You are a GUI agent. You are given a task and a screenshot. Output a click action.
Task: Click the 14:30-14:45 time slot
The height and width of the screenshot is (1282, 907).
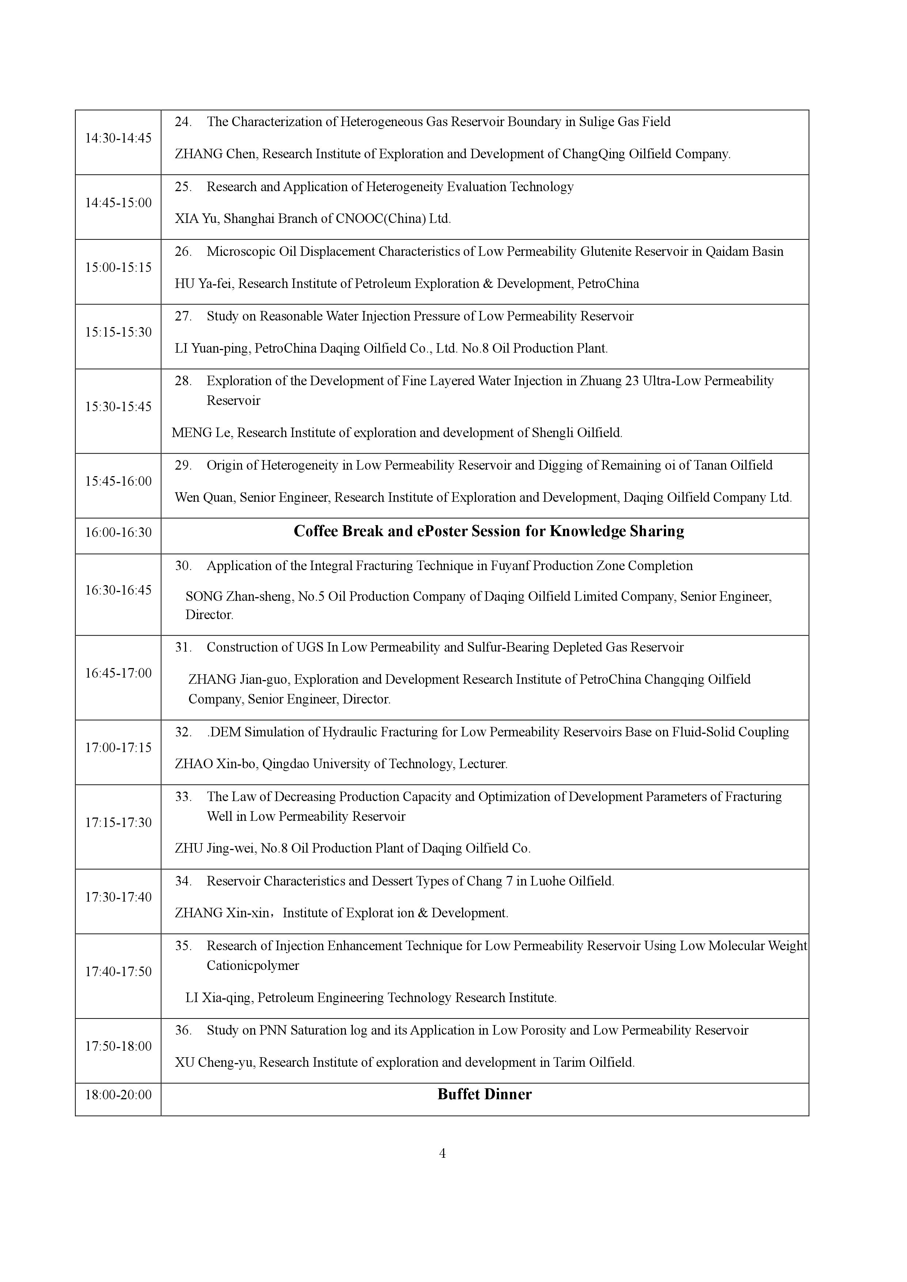click(118, 138)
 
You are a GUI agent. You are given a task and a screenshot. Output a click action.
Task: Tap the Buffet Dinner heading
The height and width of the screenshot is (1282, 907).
click(484, 1095)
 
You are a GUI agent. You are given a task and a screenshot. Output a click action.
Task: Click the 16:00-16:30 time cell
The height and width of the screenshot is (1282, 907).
click(118, 532)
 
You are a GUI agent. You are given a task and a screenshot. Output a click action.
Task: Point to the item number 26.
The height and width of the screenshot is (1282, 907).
click(183, 251)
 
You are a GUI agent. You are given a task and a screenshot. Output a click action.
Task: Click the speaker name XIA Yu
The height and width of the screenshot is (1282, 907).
click(196, 219)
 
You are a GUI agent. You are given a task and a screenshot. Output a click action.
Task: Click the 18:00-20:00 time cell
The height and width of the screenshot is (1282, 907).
click(118, 1095)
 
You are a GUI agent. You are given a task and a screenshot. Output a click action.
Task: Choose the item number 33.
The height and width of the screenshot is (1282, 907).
click(183, 797)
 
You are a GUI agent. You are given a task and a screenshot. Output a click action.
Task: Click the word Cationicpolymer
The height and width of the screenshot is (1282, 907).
click(253, 966)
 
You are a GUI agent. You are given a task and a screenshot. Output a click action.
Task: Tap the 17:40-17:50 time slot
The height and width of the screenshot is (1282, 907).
click(118, 972)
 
